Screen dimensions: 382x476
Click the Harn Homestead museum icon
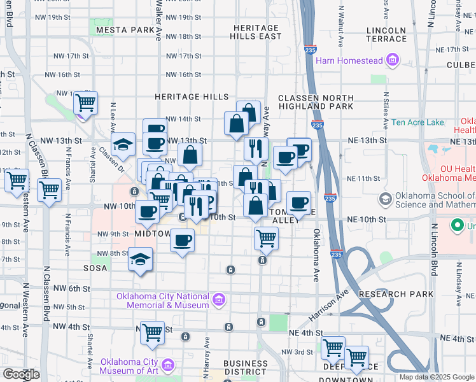[392, 61]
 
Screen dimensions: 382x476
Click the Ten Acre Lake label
[417, 122]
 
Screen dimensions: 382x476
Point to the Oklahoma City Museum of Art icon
[168, 365]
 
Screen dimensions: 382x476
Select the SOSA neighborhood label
[95, 269]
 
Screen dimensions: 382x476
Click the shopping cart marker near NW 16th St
[85, 102]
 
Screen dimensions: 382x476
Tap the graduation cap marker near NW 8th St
[140, 260]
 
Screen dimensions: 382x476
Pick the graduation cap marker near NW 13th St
[123, 144]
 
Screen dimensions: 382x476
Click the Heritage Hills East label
[256, 32]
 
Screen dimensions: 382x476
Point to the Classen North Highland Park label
[316, 101]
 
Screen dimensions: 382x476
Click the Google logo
[21, 374]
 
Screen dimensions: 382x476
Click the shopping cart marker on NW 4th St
[152, 332]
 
